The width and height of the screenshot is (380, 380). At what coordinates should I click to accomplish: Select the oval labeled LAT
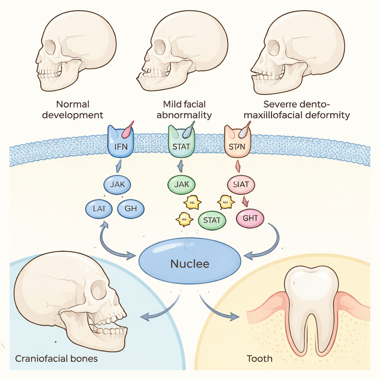coord(99,209)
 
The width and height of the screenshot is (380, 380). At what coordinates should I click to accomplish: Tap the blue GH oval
coord(131,209)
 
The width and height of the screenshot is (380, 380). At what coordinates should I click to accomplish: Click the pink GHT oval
coord(250,218)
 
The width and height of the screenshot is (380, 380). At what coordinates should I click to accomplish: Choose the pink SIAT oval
coord(241,184)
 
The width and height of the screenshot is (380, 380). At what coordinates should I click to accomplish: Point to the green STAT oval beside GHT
coord(212,220)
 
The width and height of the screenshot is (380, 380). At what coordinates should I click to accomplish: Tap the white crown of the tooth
coord(311,286)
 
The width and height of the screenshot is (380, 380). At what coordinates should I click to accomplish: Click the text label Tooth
coord(260,359)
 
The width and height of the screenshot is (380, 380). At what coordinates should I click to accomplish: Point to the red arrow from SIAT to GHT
coord(245,201)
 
